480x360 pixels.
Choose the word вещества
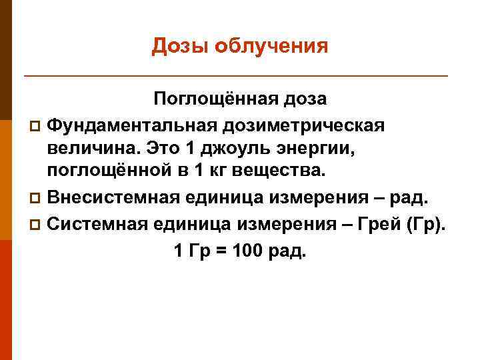(283, 170)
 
